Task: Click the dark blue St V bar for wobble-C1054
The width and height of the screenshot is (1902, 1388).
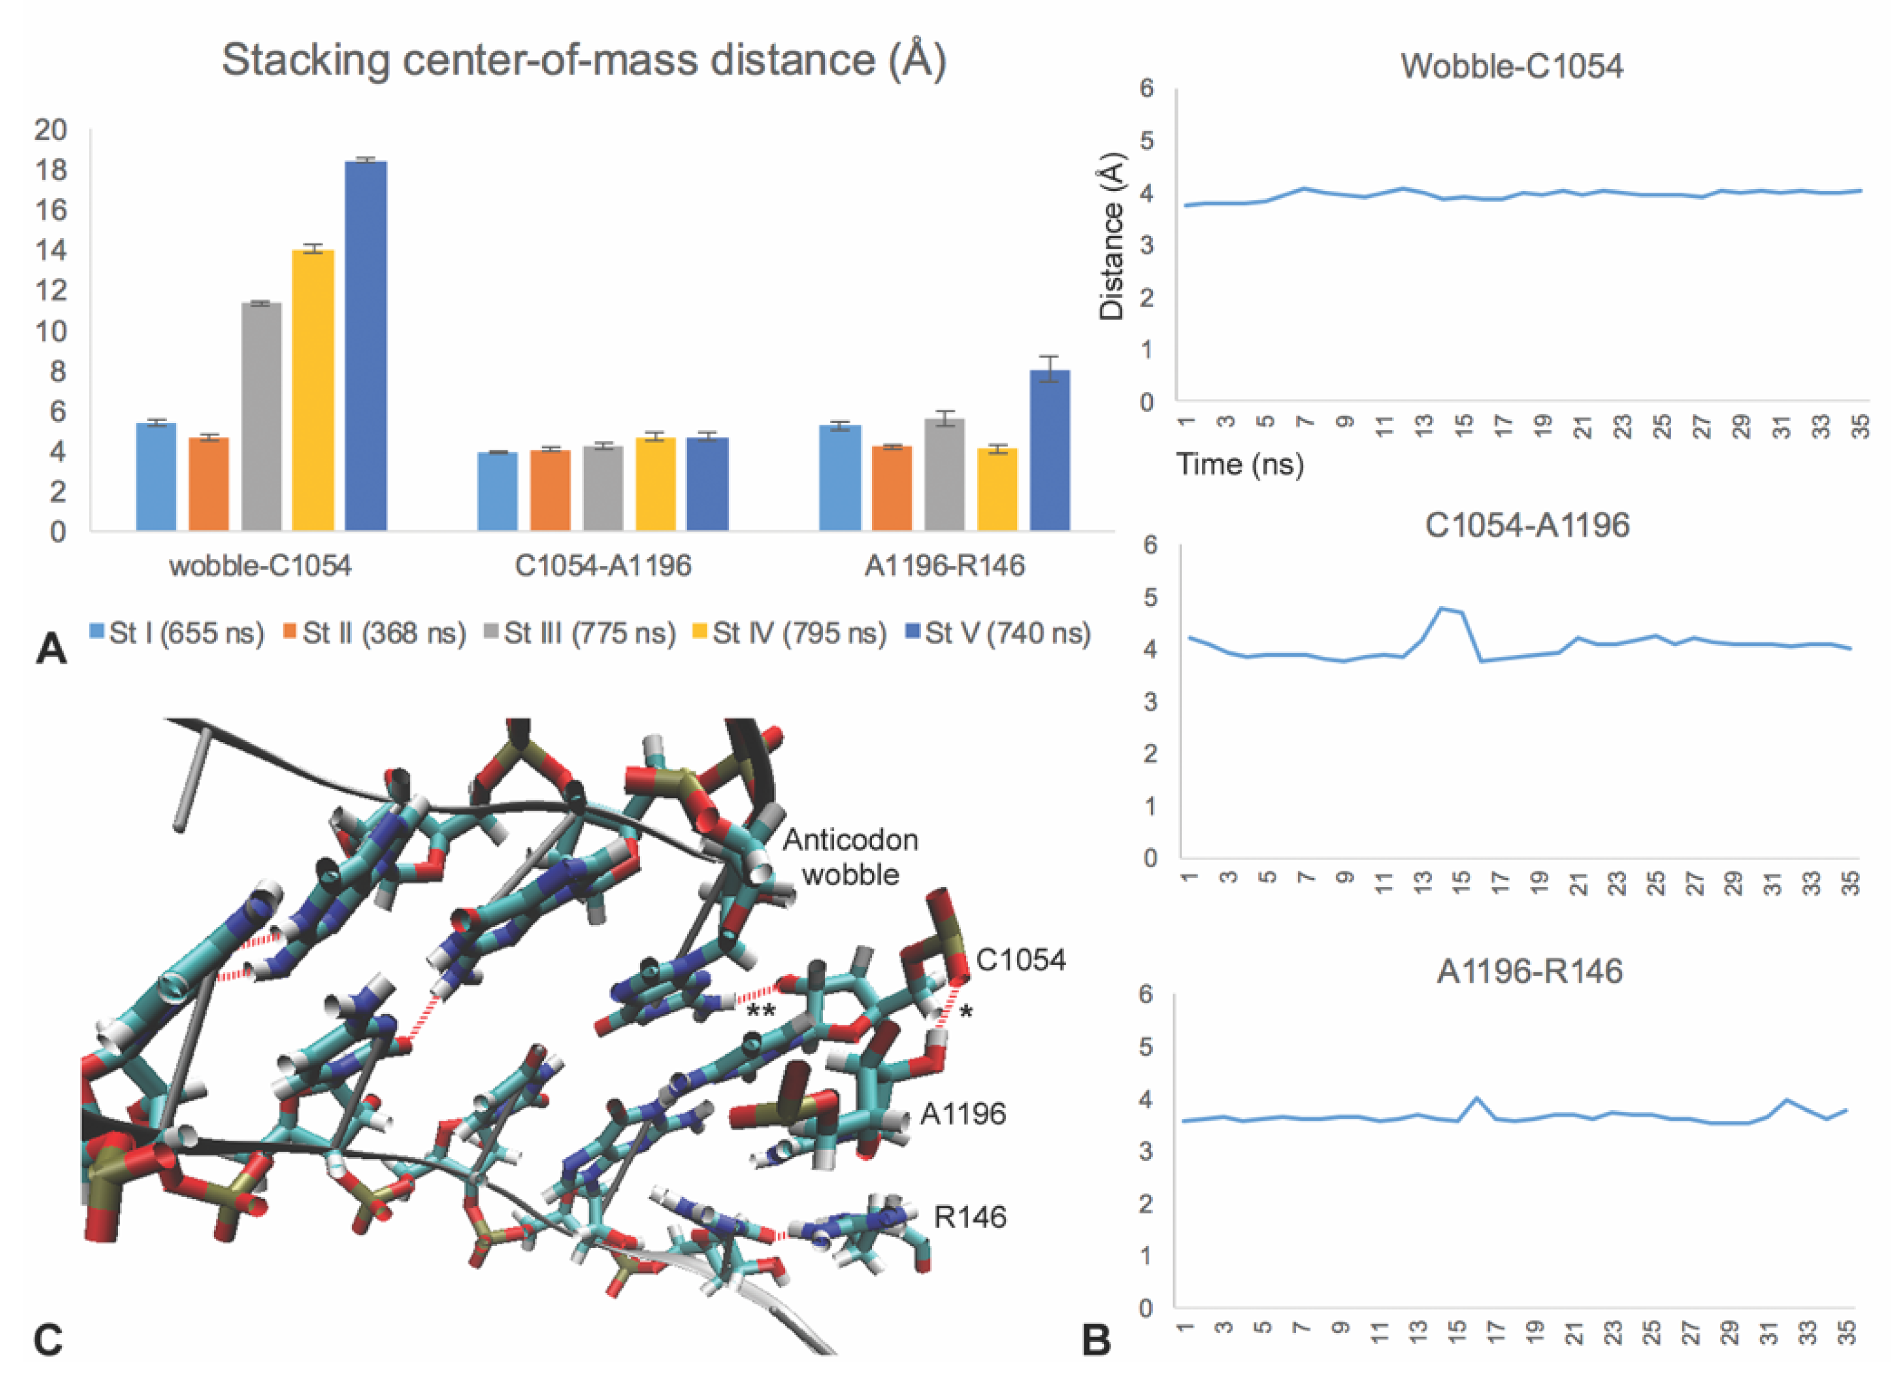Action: [x=366, y=345]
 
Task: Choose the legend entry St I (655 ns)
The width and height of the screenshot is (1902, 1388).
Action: [x=177, y=633]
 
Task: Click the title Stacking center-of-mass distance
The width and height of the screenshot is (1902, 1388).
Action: [x=584, y=60]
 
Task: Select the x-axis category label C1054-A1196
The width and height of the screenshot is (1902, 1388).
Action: [x=602, y=565]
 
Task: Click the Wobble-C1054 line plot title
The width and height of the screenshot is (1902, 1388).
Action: [x=1511, y=66]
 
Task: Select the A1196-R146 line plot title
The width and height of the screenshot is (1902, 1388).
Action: [x=1529, y=971]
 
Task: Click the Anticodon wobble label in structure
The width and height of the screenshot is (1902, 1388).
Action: [x=850, y=857]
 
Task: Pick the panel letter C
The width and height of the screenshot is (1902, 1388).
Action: [x=48, y=1340]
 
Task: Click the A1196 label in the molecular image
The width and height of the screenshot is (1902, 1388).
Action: [x=963, y=1114]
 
